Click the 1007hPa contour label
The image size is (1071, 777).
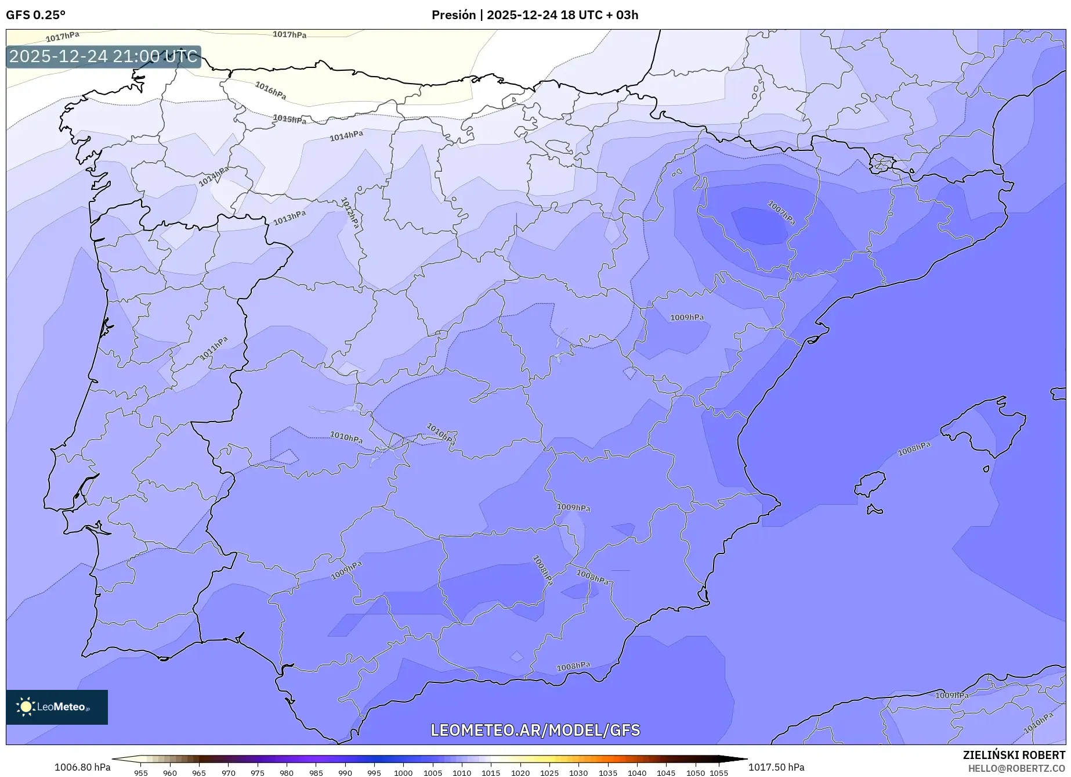tap(781, 213)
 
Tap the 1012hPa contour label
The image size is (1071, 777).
tap(350, 213)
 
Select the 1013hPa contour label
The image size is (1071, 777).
tap(290, 218)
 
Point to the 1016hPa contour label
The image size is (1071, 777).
tap(270, 89)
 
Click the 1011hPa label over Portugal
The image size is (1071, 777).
tap(214, 348)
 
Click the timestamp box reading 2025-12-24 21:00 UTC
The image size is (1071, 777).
tap(103, 57)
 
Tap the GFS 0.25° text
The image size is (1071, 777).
tap(36, 15)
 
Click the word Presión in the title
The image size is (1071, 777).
tap(453, 15)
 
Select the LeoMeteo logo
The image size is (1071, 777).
tap(57, 707)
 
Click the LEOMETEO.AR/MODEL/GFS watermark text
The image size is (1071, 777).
tap(535, 730)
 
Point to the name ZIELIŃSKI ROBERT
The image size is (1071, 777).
tap(1014, 756)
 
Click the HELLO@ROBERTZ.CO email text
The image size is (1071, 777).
tap(1016, 768)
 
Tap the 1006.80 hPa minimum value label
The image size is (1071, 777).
tap(82, 767)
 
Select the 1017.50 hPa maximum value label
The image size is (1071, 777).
tap(776, 767)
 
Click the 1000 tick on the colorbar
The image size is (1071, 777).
tap(403, 773)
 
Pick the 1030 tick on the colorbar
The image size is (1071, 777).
tap(578, 773)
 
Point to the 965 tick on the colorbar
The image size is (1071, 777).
tap(199, 773)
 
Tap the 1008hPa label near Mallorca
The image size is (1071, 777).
tap(914, 449)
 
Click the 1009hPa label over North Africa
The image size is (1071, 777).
tap(951, 695)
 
